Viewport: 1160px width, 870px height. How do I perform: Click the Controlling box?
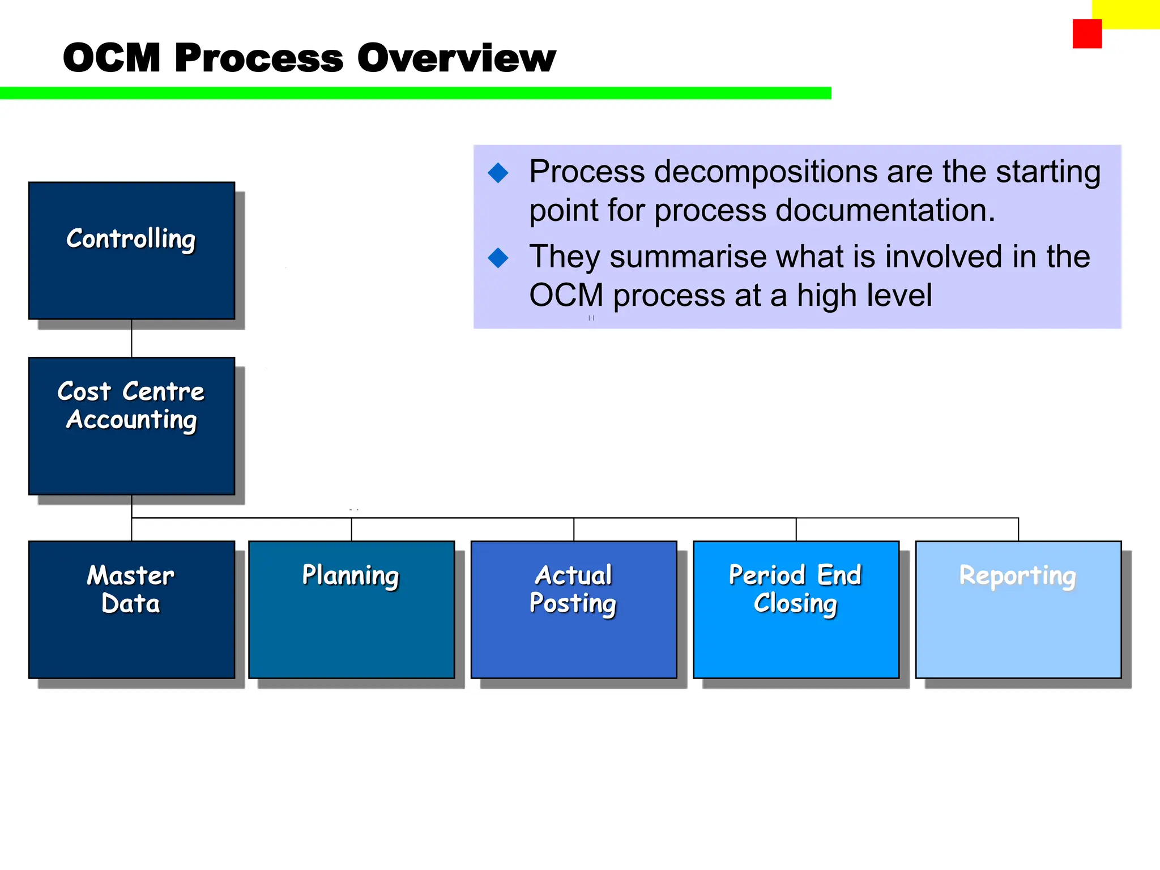pos(131,250)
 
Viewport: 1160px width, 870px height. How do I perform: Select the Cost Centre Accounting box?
pos(131,426)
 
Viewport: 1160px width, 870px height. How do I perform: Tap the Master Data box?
pos(131,609)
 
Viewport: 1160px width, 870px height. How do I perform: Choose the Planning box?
pos(351,609)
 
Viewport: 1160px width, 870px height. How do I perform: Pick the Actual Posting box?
pos(573,609)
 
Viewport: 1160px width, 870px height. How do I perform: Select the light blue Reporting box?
pos(1018,609)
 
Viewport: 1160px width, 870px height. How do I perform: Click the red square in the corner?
pos(1087,34)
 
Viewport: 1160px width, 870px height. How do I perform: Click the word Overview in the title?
pos(457,58)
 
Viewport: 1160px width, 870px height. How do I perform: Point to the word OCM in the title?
pos(112,58)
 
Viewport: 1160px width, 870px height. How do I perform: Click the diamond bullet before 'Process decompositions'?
pos(498,173)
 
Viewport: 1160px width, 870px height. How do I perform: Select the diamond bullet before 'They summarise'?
pos(498,258)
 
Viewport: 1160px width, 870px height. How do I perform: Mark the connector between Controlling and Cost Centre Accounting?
pos(131,338)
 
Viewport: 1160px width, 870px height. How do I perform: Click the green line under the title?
pos(415,93)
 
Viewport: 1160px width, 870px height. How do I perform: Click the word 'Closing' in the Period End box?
pos(795,603)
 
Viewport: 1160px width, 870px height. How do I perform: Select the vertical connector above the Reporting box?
pos(1018,529)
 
